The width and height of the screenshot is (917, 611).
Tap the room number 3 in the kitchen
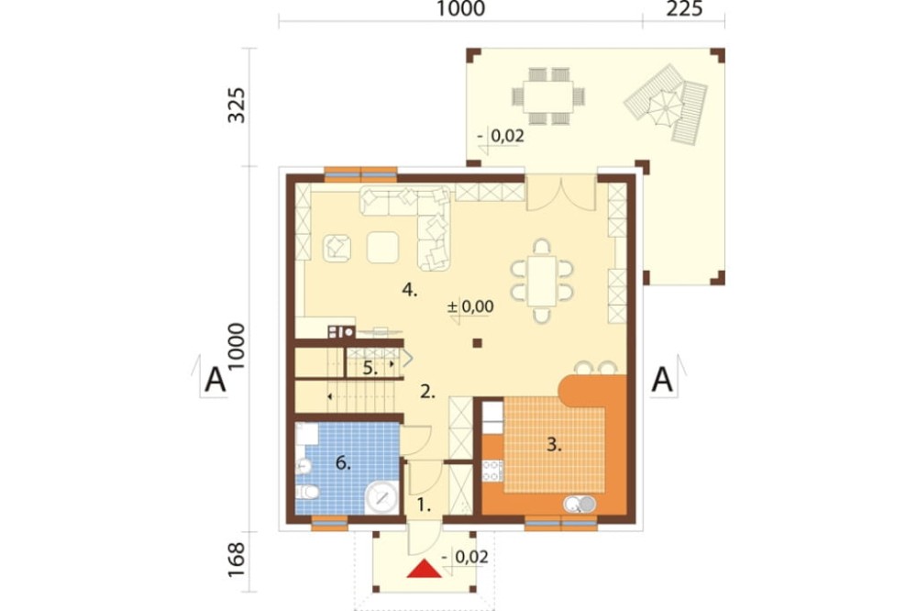point(552,446)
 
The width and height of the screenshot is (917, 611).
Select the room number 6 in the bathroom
point(342,464)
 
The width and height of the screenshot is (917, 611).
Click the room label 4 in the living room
point(410,291)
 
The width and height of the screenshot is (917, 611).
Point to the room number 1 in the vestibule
point(423,504)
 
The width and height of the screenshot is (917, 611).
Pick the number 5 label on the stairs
point(369,369)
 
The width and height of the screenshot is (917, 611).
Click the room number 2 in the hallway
point(426,392)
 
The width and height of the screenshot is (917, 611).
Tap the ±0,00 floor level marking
point(470,307)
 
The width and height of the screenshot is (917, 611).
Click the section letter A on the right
point(663,379)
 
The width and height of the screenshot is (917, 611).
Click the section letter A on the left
point(215,379)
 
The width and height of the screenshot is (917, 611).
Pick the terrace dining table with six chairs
point(547,94)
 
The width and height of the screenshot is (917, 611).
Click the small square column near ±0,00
point(477,344)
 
